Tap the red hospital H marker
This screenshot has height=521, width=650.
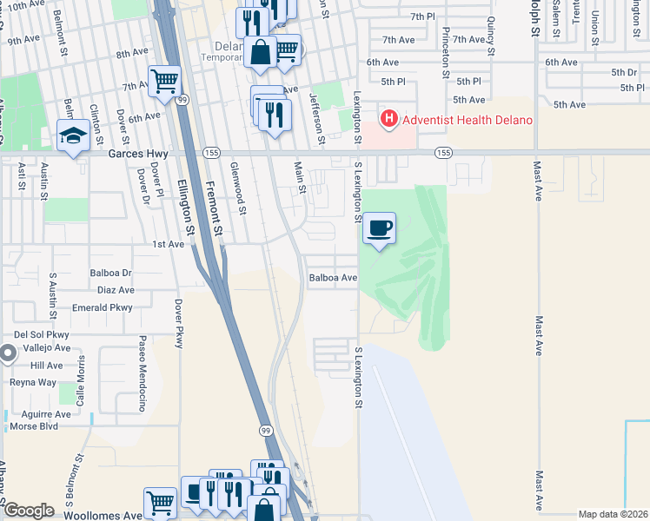(388, 118)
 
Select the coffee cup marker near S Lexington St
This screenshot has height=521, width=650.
(379, 229)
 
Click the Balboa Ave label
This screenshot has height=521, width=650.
(334, 278)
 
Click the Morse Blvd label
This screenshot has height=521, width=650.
(34, 426)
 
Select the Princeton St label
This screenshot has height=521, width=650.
(445, 52)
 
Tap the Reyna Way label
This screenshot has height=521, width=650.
(32, 382)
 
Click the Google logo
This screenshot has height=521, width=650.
(29, 511)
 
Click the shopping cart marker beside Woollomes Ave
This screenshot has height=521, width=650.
(160, 502)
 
